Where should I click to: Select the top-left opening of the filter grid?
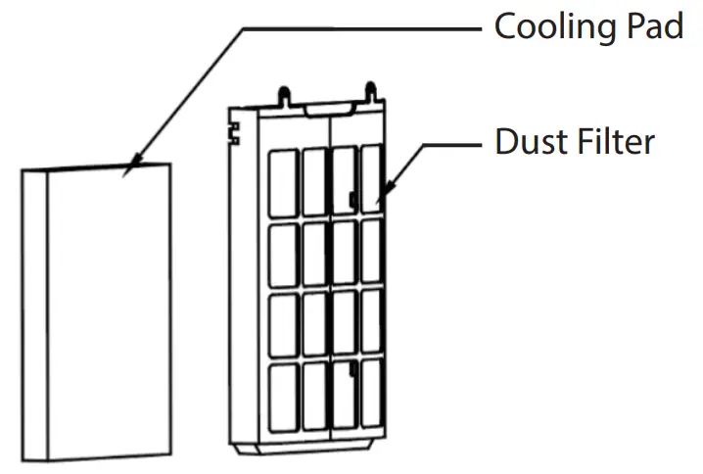click(x=282, y=182)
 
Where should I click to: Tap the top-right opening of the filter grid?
click(x=372, y=176)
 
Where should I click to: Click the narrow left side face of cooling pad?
click(x=34, y=313)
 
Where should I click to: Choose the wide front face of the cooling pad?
click(x=110, y=313)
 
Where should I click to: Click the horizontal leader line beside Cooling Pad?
click(x=362, y=28)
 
